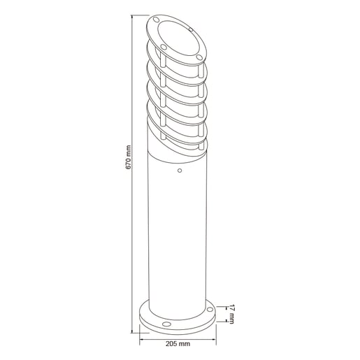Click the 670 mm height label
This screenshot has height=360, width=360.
(x=129, y=157)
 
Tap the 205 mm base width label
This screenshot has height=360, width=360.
(x=178, y=344)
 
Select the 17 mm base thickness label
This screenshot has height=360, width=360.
(x=231, y=314)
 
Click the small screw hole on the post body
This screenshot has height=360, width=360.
(x=180, y=171)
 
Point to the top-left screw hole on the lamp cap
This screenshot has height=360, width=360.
(x=157, y=20)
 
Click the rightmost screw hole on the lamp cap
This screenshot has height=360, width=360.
(x=199, y=57)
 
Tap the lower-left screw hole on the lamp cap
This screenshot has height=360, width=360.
(x=164, y=48)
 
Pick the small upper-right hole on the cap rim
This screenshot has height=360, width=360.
(x=191, y=29)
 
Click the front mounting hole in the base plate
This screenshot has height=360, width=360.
(x=166, y=324)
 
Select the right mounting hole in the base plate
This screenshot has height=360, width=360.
(x=210, y=310)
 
